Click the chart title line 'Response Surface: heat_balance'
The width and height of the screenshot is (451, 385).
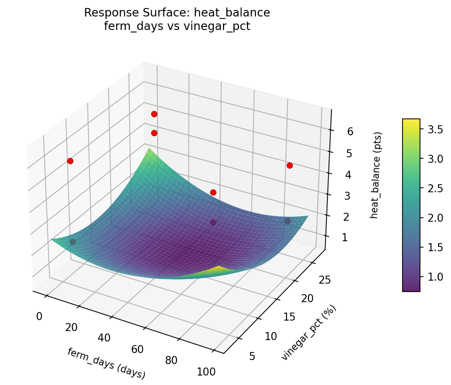177,13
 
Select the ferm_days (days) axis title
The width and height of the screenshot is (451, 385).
106,363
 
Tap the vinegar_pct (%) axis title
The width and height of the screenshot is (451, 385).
308,332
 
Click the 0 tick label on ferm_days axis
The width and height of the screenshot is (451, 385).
39,316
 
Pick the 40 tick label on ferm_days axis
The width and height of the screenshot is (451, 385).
104,338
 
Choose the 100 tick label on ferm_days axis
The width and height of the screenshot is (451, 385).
206,372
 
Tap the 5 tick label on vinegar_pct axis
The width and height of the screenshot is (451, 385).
252,356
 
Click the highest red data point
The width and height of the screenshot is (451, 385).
154,114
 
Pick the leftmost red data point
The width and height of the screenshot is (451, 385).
70,161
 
